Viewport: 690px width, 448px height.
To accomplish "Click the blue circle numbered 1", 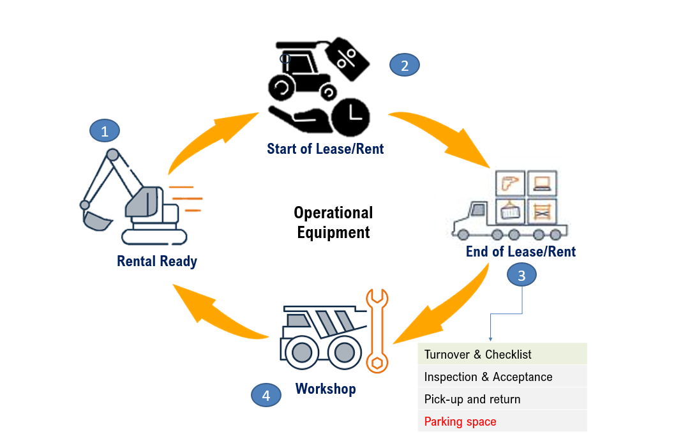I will (x=105, y=131).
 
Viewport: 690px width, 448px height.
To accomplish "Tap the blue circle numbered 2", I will (x=405, y=64).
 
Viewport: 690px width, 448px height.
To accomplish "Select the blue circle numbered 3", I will (x=521, y=276).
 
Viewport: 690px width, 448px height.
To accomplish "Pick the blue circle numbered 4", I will (x=266, y=395).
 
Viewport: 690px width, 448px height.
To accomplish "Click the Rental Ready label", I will (x=157, y=261).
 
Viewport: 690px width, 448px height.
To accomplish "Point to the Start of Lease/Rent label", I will (x=326, y=149).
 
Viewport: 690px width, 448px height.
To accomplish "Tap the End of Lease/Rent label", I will (x=521, y=251).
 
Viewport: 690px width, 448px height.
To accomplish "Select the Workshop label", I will (x=326, y=389).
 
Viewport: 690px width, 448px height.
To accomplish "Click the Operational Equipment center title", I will (x=333, y=222).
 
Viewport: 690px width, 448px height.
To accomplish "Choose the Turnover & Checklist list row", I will (x=502, y=354).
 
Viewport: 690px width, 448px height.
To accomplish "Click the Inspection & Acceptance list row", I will (x=502, y=377).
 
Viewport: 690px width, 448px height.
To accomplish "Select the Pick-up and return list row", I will (x=502, y=399).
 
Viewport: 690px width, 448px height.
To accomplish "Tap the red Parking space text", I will (x=460, y=422).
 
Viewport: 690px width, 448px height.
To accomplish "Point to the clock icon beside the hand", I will (x=351, y=117).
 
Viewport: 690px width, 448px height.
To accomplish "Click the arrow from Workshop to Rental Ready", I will (x=220, y=312).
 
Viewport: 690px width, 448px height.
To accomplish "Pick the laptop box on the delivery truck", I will (x=542, y=184).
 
